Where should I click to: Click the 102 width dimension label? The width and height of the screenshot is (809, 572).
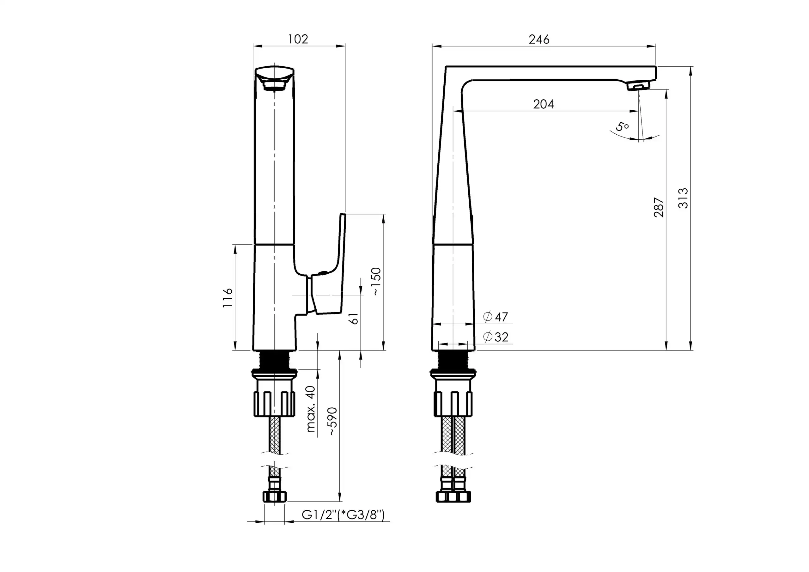pyautogui.click(x=298, y=39)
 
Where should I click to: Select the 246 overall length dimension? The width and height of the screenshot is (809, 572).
pyautogui.click(x=539, y=39)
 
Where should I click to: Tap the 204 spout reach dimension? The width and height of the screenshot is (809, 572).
pyautogui.click(x=543, y=104)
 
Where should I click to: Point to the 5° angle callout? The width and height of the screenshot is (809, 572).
pyautogui.click(x=623, y=126)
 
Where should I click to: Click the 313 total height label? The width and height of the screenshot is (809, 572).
pyautogui.click(x=683, y=198)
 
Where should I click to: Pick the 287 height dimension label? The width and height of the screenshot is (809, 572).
pyautogui.click(x=659, y=207)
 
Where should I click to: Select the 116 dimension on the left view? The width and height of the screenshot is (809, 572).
pyautogui.click(x=228, y=298)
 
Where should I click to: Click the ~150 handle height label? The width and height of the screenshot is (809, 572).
pyautogui.click(x=376, y=281)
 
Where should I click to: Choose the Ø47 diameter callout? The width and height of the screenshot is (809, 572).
pyautogui.click(x=496, y=317)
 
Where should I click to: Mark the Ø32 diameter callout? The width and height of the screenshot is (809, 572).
pyautogui.click(x=496, y=337)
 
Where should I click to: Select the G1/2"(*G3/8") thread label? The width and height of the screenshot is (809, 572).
pyautogui.click(x=343, y=515)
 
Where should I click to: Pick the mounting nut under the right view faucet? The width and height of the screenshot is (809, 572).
pyautogui.click(x=453, y=394)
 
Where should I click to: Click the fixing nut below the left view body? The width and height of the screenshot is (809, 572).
pyautogui.click(x=275, y=394)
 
